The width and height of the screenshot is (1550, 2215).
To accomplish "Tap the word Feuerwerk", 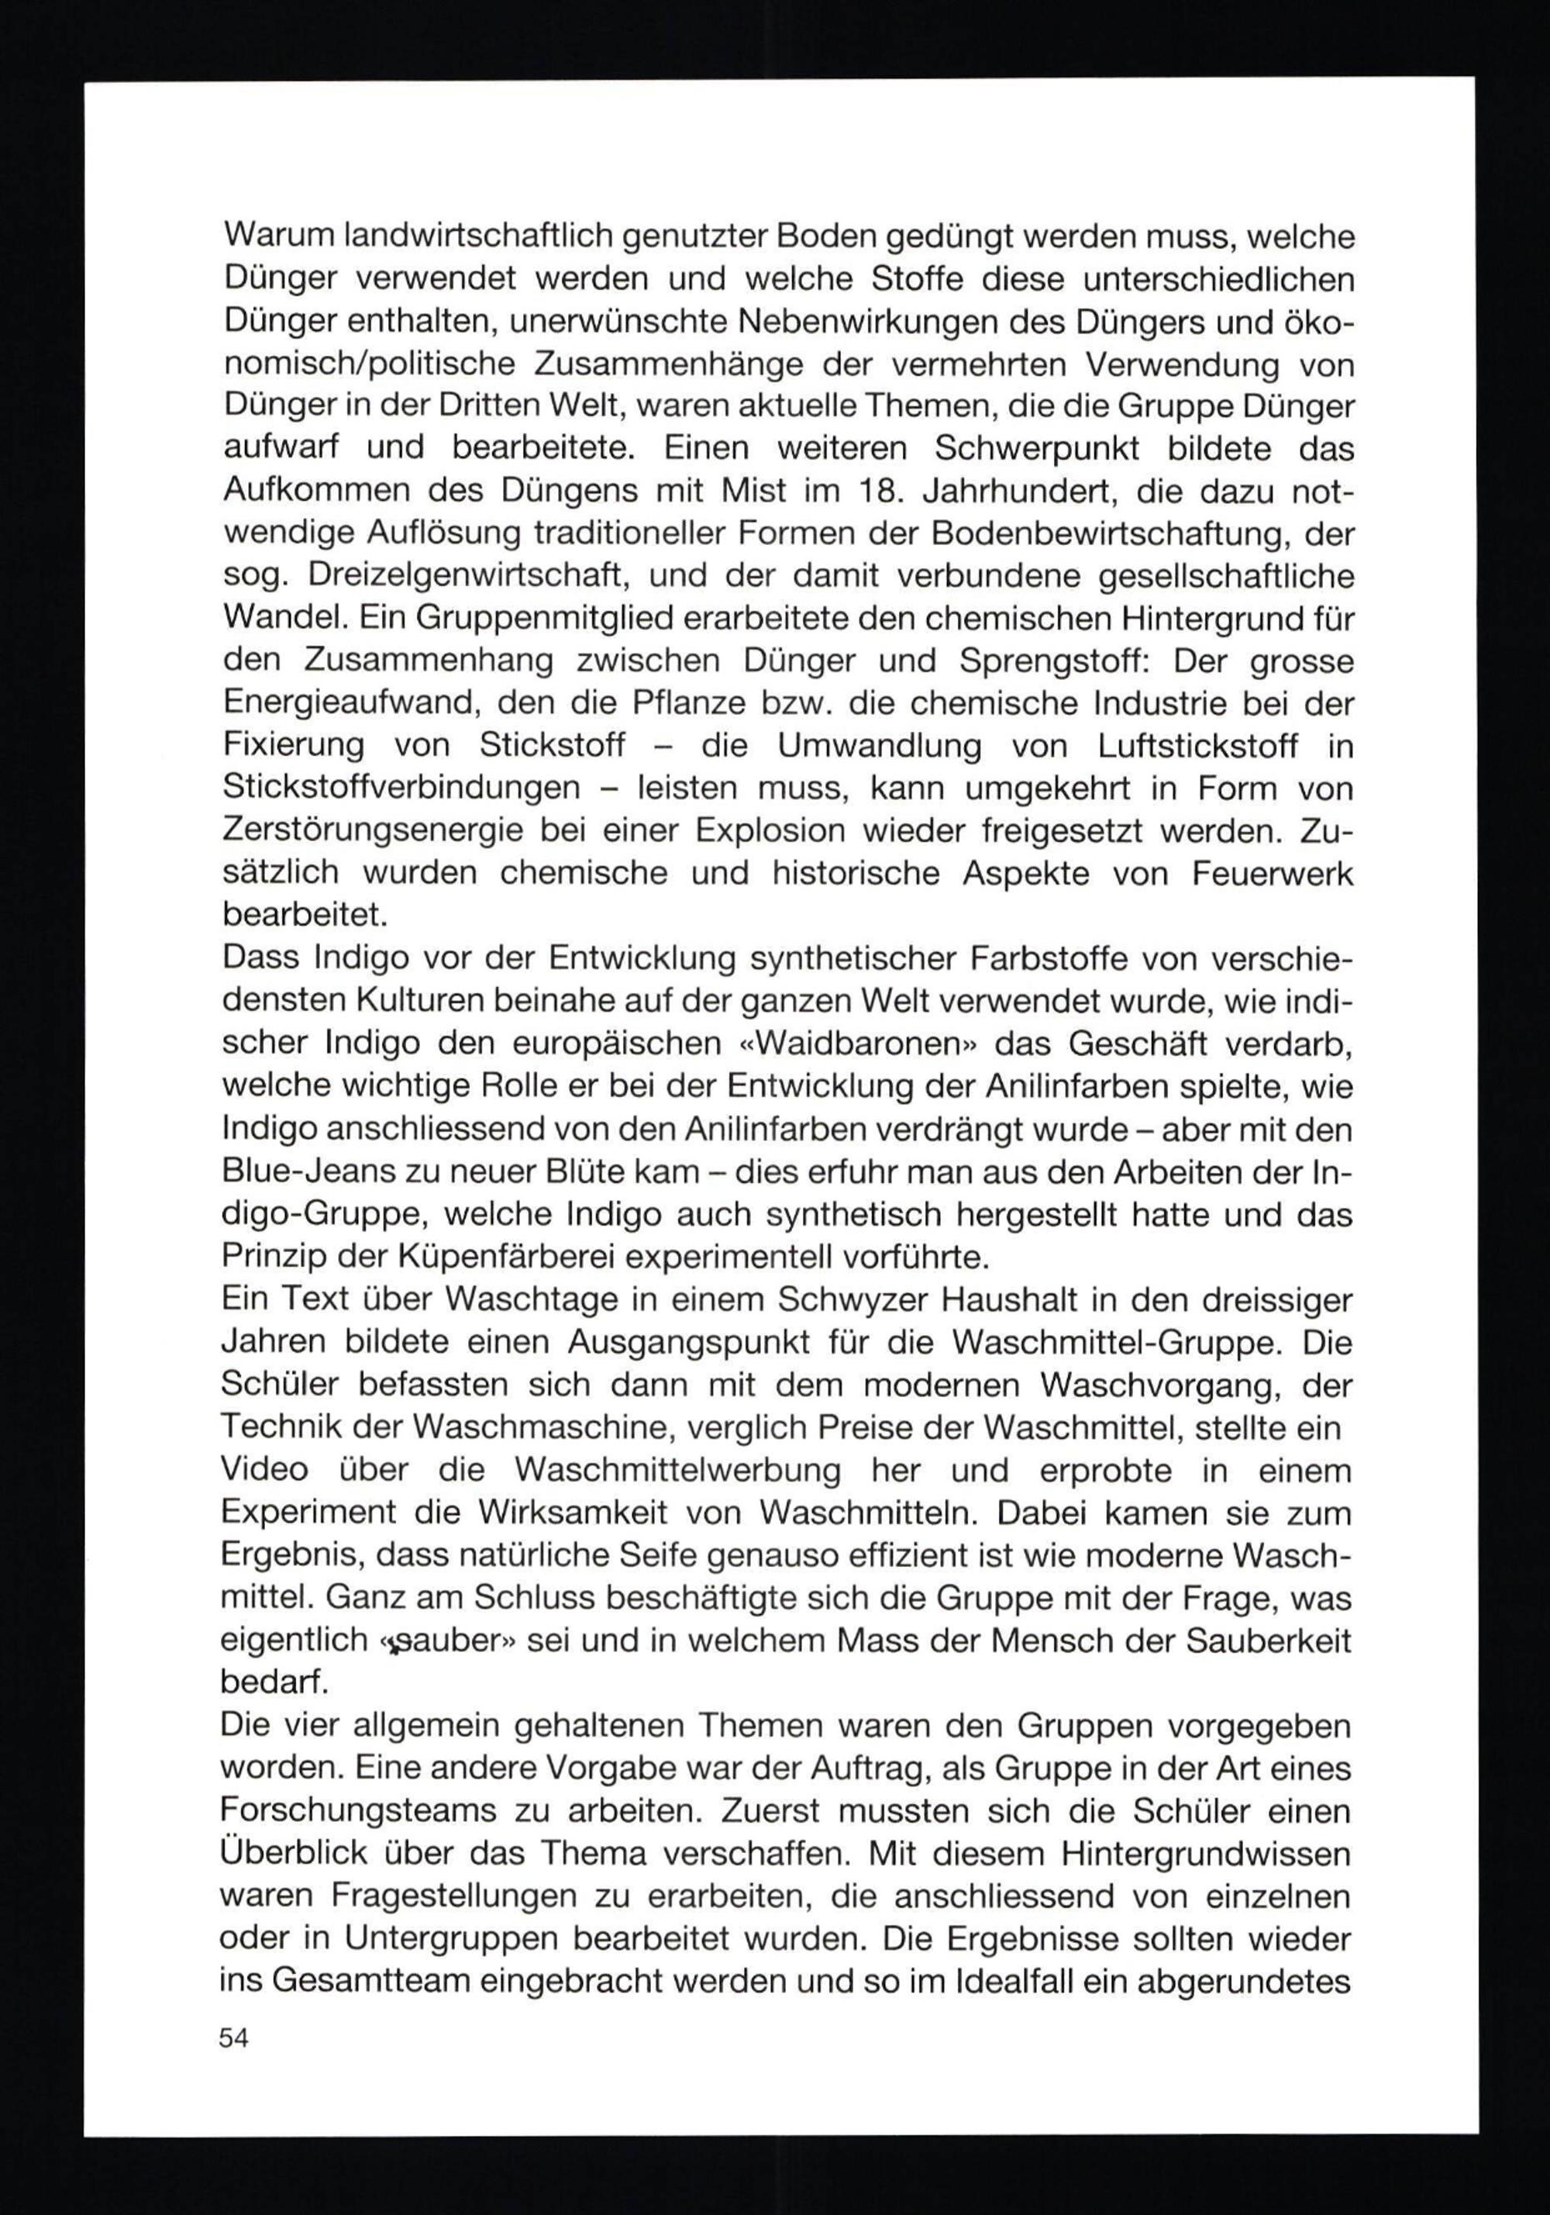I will click(x=1273, y=873).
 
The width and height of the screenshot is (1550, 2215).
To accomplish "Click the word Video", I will click(x=264, y=1469).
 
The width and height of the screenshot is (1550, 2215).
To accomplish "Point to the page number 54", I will click(x=234, y=2038).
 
